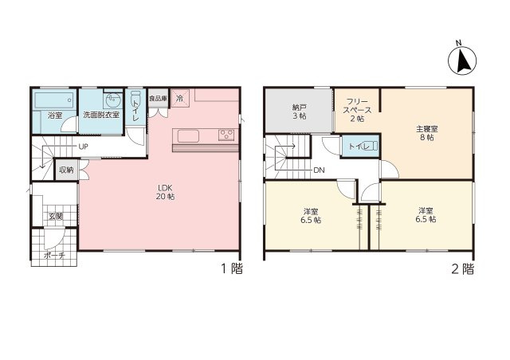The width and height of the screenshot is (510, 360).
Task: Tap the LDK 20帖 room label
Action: [x=166, y=192]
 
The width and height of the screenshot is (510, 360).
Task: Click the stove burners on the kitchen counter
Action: [x=227, y=134]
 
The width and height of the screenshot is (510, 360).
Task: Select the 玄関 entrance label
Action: [x=55, y=216]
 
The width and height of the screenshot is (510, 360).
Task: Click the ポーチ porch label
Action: [x=55, y=256]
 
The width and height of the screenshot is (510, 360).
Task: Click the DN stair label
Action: [x=319, y=170]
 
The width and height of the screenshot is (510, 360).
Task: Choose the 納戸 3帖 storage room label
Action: [x=299, y=111]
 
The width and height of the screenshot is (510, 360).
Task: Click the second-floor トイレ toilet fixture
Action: [x=355, y=146]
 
